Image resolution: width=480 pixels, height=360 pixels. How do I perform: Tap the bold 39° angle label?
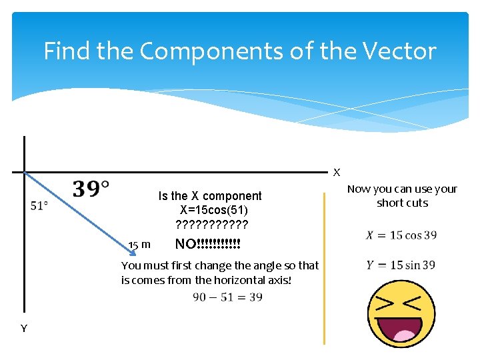91,189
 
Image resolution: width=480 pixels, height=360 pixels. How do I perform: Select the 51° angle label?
39,206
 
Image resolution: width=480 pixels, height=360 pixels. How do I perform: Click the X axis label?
337,173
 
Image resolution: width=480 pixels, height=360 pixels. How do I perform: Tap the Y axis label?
24,328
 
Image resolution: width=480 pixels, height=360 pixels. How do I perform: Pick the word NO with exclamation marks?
207,244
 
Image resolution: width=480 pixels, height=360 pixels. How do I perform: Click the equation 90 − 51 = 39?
228,297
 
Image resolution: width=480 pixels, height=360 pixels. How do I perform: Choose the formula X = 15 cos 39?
401,235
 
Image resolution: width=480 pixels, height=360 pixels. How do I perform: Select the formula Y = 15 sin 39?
401,265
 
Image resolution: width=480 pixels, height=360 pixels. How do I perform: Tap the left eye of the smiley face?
385,303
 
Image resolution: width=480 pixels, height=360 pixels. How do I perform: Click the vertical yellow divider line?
325,267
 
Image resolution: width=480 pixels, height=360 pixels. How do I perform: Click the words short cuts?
402,203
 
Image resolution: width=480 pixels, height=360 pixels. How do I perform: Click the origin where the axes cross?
24,172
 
